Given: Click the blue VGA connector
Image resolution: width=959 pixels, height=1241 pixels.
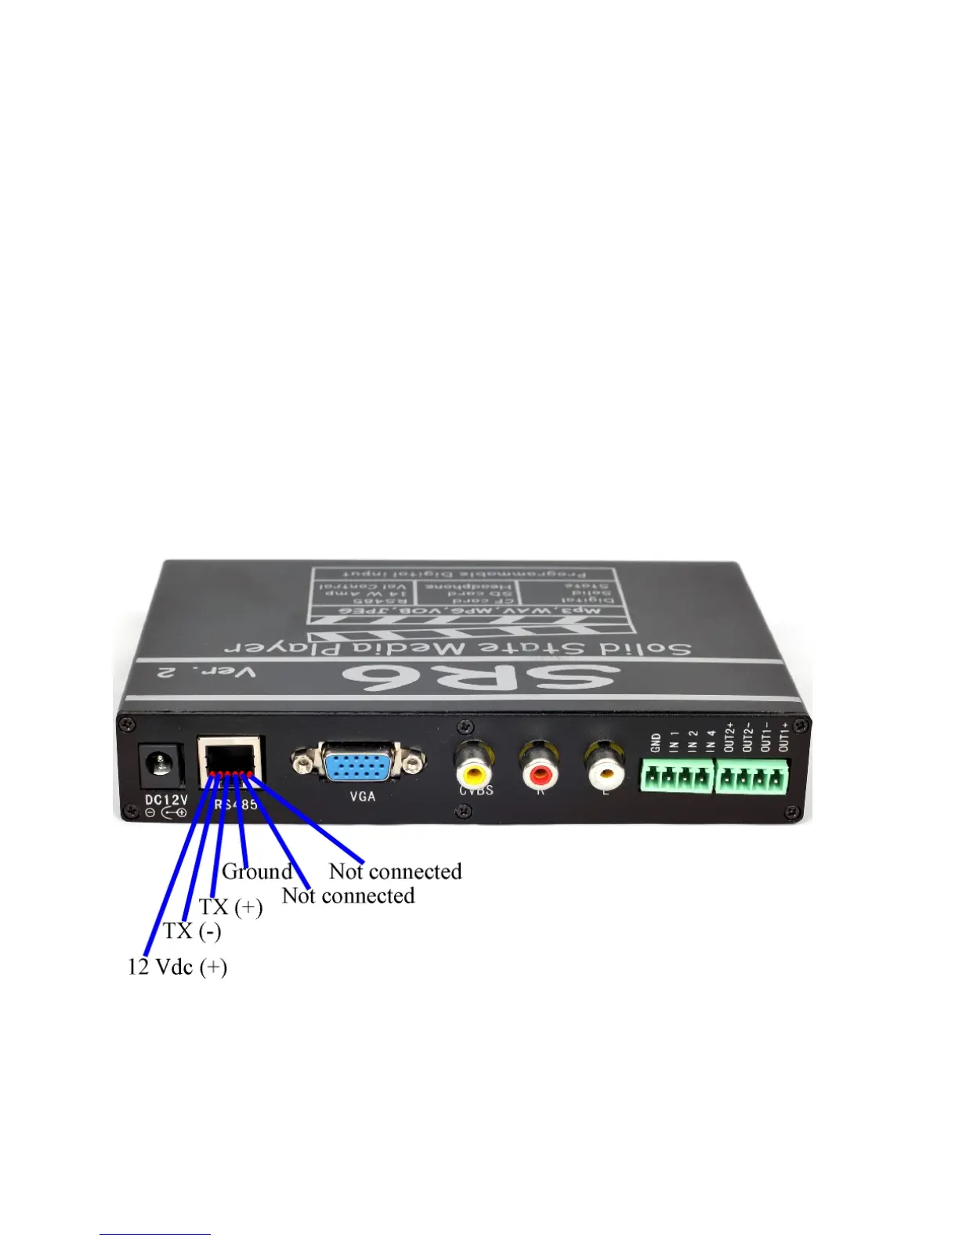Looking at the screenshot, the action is pyautogui.click(x=358, y=764).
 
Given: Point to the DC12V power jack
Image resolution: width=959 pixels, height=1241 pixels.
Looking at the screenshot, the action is pyautogui.click(x=160, y=765).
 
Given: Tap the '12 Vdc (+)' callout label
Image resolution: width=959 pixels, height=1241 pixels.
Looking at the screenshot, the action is pyautogui.click(x=177, y=967).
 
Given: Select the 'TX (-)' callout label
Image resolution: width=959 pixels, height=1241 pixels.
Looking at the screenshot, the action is pyautogui.click(x=192, y=931).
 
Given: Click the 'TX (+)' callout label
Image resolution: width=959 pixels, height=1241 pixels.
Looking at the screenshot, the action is pyautogui.click(x=230, y=907).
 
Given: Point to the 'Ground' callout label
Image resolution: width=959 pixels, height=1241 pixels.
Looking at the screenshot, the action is pyautogui.click(x=257, y=871).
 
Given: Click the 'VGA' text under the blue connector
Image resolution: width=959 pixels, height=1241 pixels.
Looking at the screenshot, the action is pyautogui.click(x=362, y=797).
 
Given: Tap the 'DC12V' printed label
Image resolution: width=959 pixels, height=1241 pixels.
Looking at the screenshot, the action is pyautogui.click(x=166, y=800).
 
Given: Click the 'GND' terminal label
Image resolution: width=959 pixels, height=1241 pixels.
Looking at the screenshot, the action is pyautogui.click(x=656, y=742).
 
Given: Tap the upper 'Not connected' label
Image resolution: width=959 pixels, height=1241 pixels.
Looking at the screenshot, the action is pyautogui.click(x=396, y=871).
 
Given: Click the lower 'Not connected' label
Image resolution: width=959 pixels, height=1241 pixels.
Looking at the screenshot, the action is pyautogui.click(x=348, y=895).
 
